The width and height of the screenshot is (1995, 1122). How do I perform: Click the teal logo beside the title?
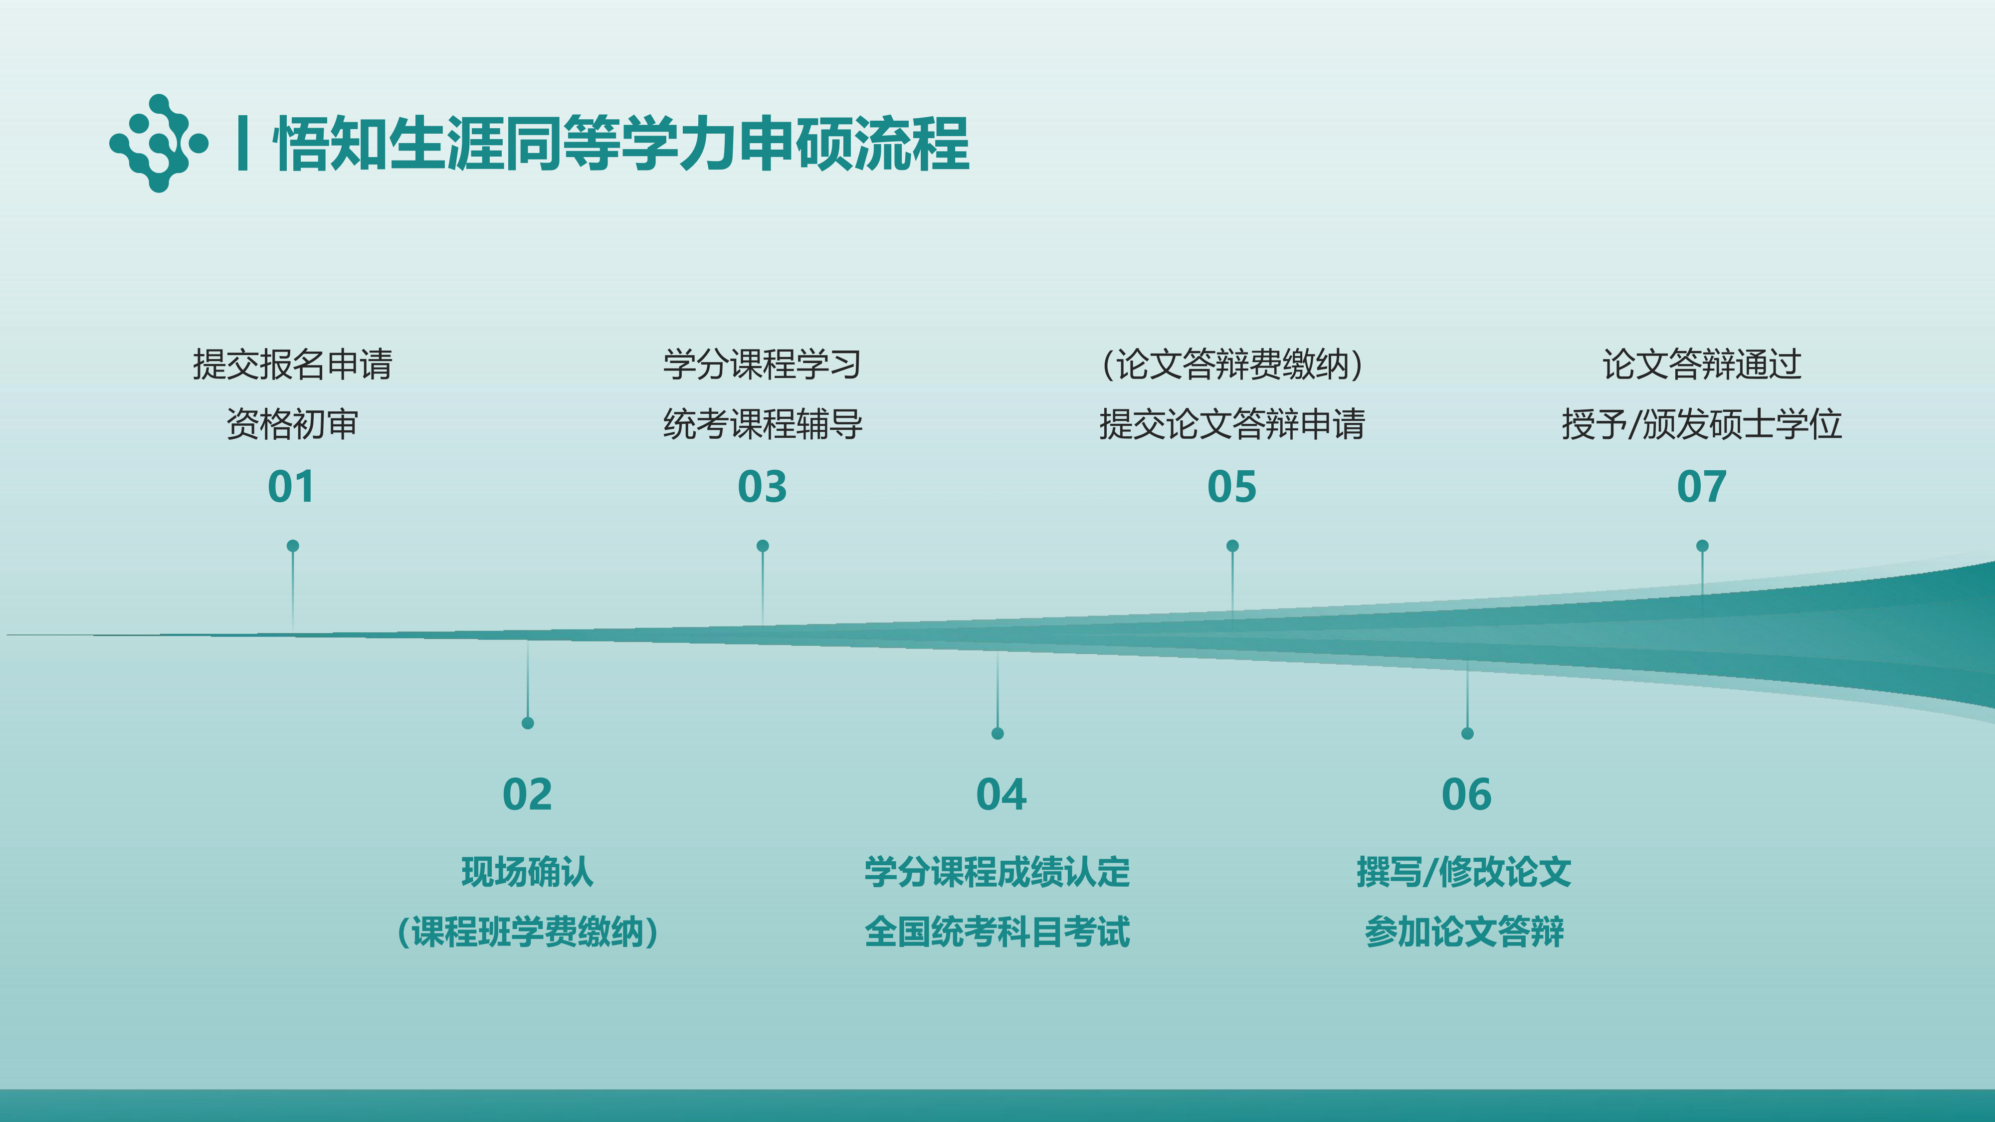159,143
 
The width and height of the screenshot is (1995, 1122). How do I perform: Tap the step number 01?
291,487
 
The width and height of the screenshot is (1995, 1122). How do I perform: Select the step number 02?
527,794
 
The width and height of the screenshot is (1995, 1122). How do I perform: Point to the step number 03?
762,487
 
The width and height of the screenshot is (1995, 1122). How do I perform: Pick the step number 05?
1232,487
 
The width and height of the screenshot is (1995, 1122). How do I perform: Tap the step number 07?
1701,487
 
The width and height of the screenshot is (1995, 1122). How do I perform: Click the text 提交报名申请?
293,364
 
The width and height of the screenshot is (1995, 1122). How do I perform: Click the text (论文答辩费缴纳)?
1232,364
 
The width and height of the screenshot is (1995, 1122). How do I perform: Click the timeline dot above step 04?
997,733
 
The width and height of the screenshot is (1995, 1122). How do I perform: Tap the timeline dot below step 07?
1702,546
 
